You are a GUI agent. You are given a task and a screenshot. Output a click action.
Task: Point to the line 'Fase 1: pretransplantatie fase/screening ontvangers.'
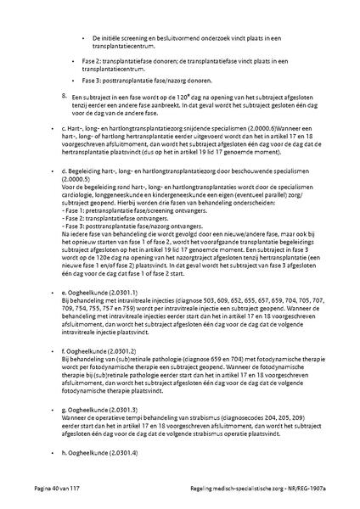click(132, 215)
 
